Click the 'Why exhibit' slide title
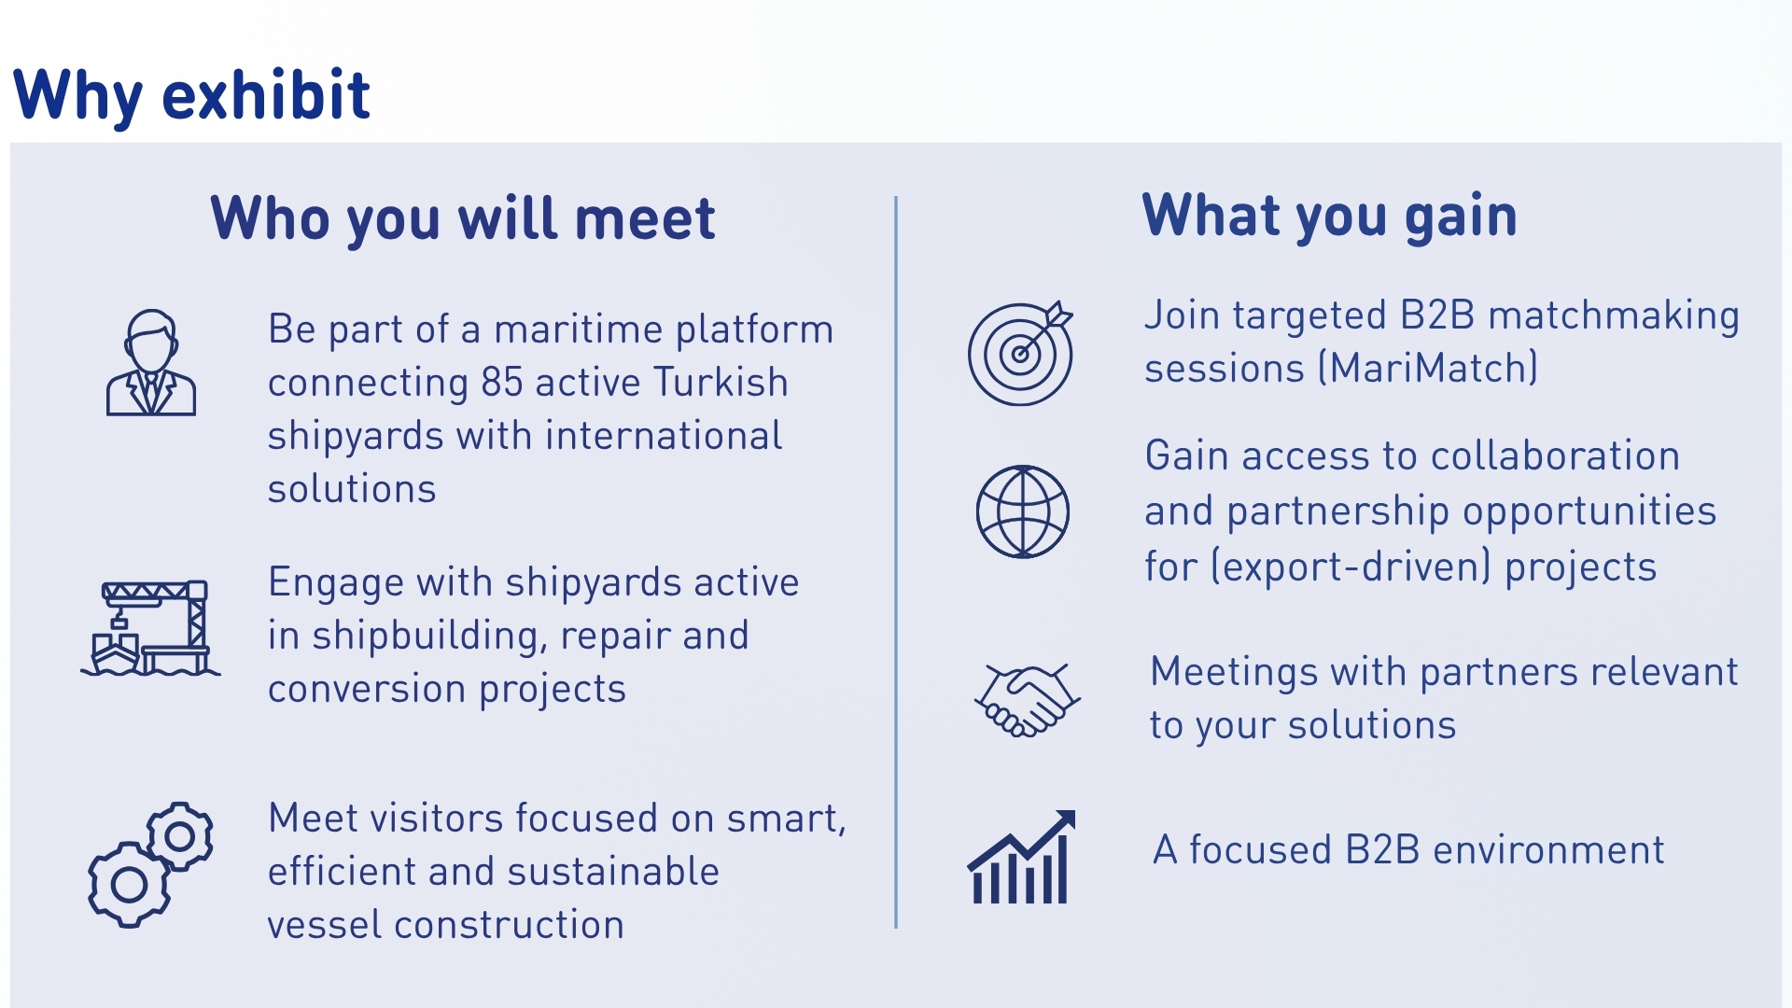click(x=191, y=95)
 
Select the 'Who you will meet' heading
click(x=463, y=219)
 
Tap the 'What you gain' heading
click(x=1330, y=216)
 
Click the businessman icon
click(x=151, y=362)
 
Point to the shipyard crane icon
click(x=150, y=627)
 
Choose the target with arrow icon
click(x=1021, y=353)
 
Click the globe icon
click(x=1023, y=511)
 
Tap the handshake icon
click(x=1028, y=700)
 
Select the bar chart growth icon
click(x=1021, y=857)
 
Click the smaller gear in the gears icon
click(x=180, y=836)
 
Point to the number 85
click(x=501, y=383)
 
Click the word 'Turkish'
click(x=721, y=383)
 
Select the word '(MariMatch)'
click(x=1428, y=369)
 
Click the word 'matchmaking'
click(x=1614, y=316)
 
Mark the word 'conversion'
click(x=367, y=690)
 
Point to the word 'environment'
click(x=1548, y=850)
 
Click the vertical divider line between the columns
click(x=896, y=562)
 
